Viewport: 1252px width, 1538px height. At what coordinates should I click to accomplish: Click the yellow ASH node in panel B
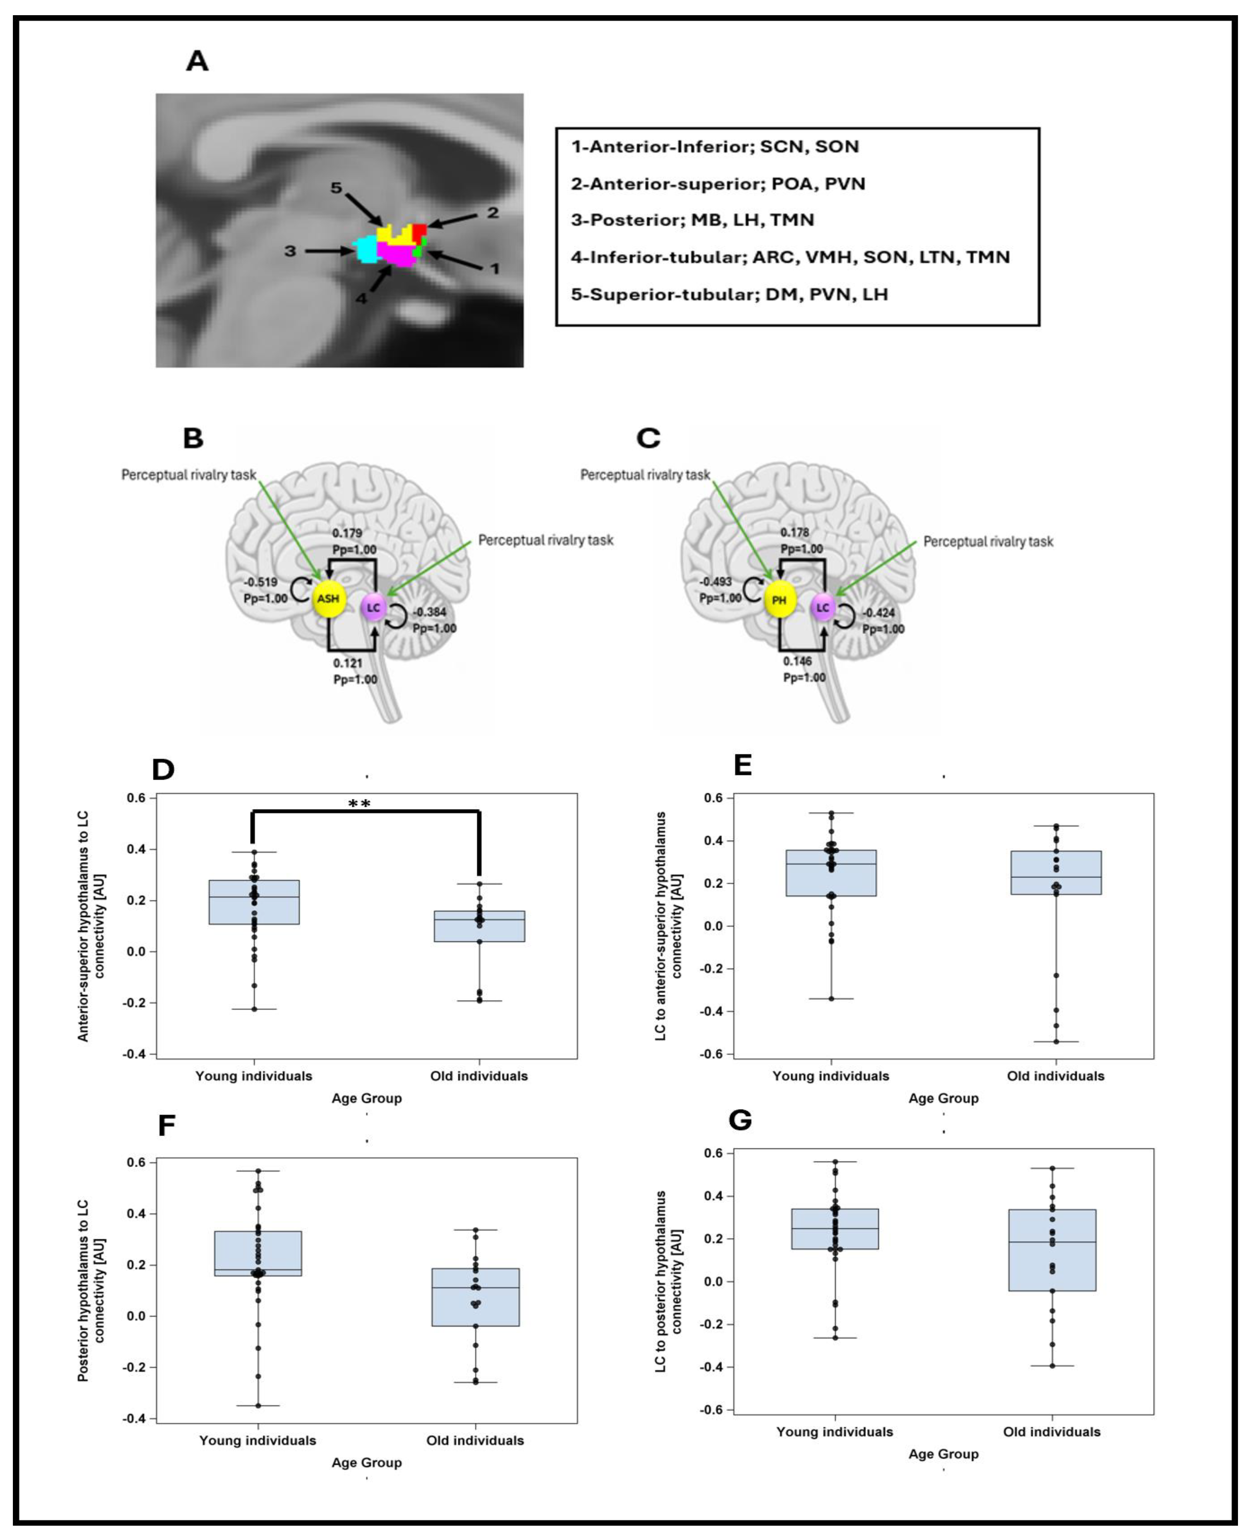(x=328, y=598)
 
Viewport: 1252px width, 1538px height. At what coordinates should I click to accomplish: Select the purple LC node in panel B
(x=373, y=608)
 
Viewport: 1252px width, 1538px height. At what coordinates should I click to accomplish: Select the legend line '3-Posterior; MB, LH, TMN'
(x=692, y=220)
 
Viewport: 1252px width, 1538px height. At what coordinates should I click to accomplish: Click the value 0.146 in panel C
(x=798, y=661)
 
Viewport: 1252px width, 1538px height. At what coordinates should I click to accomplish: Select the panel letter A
(x=197, y=61)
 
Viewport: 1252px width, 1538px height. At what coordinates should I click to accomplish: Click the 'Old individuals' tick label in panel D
(x=479, y=1076)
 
